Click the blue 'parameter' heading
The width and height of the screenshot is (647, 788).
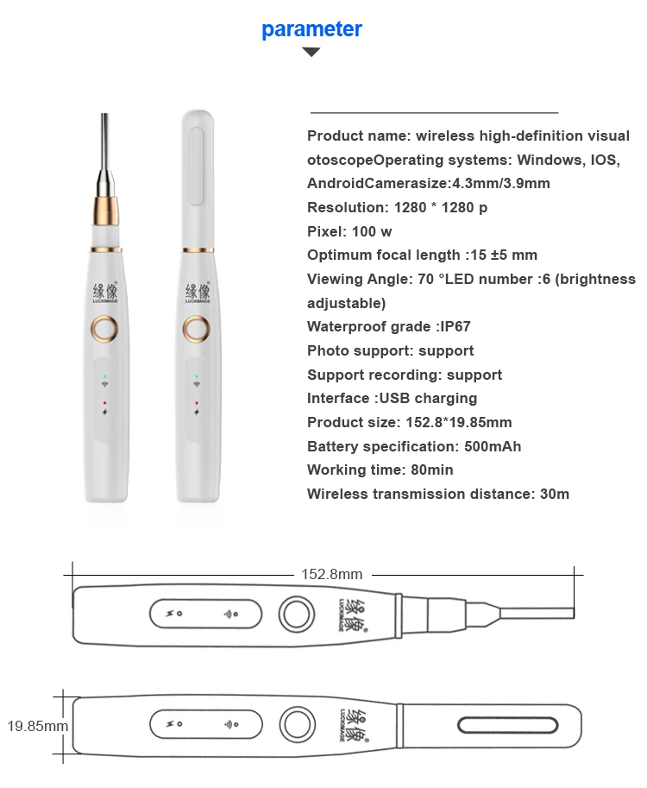(x=311, y=29)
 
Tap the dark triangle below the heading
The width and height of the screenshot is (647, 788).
(x=311, y=53)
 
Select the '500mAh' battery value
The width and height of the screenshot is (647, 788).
(x=490, y=446)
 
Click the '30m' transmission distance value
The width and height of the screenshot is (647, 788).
(x=551, y=494)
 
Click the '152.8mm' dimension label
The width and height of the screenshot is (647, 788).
(x=331, y=574)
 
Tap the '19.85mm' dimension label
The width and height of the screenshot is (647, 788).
(x=37, y=726)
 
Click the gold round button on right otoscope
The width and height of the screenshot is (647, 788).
(x=197, y=328)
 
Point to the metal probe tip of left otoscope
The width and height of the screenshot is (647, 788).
(x=104, y=138)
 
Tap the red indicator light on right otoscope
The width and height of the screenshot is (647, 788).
(x=197, y=403)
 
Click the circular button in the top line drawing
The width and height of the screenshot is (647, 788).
(x=295, y=615)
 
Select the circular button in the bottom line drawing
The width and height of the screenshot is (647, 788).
(x=295, y=723)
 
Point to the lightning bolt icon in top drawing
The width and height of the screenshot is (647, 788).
(x=169, y=615)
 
